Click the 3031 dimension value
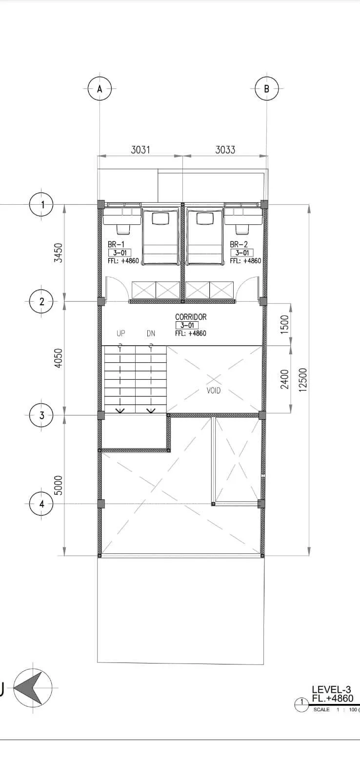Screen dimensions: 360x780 140,150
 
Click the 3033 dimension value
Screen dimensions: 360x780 225,150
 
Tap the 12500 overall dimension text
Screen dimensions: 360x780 303,380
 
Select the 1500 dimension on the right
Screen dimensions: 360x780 285,324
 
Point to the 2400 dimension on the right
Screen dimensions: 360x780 285,379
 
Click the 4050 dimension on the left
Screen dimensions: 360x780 59,358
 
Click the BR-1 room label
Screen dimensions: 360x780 116,244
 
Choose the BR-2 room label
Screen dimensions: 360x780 239,244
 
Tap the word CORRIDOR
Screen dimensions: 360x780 191,317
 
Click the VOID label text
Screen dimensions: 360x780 213,390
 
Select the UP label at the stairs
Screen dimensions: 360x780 120,333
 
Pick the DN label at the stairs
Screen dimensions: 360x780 151,333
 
